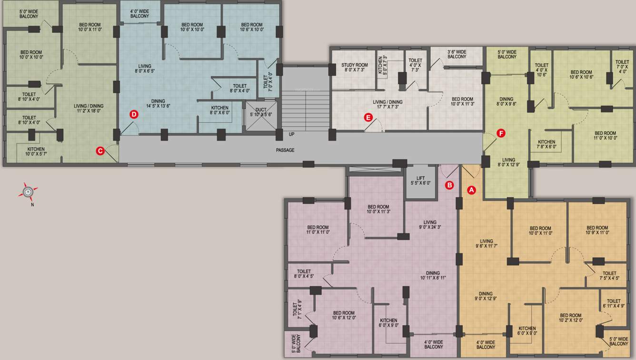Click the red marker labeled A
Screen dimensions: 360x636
pos(471,190)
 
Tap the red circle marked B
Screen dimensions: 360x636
pos(449,185)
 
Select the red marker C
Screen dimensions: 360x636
pos(100,151)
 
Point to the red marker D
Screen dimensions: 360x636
pos(134,114)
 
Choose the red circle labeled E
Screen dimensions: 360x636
pos(368,117)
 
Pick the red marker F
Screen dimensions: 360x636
pos(500,134)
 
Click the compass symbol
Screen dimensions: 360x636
pos(29,192)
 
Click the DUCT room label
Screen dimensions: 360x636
pos(260,112)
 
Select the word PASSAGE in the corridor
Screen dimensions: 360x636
pos(285,150)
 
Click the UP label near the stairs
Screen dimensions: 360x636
pos(291,134)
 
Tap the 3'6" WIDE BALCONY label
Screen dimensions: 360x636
pos(457,54)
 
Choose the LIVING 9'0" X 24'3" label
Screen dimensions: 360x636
pos(430,225)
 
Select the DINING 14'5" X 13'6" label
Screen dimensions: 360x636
pos(158,104)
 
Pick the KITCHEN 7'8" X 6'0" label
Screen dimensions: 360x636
pos(546,144)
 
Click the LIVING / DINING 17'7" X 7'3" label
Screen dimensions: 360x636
pos(388,104)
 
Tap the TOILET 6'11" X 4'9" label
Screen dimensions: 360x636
pos(614,303)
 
